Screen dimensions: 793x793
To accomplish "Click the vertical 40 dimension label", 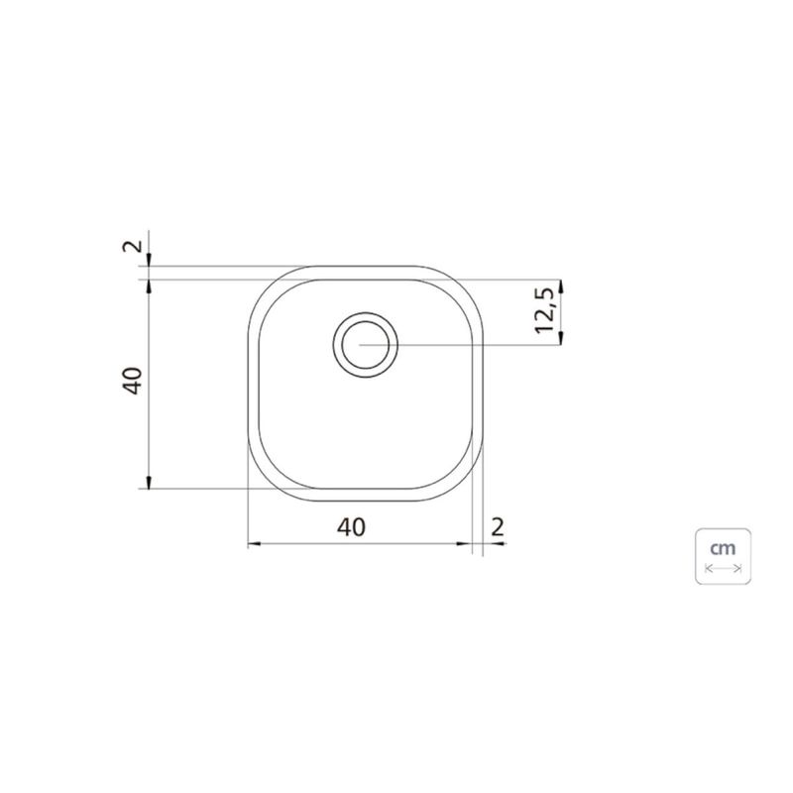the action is pos(134,381).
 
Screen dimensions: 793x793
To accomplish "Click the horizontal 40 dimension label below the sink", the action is pos(351,527).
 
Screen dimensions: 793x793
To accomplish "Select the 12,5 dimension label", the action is pos(545,314).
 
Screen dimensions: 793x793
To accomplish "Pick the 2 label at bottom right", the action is pos(498,527).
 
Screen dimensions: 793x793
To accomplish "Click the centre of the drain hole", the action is pos(365,345).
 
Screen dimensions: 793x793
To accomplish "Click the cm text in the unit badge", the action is pos(723,548).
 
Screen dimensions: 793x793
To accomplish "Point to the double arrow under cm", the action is pos(724,568).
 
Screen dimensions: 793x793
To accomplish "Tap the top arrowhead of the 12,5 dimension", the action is pos(560,286).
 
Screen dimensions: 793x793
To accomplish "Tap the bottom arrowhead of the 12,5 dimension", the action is pos(560,338).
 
